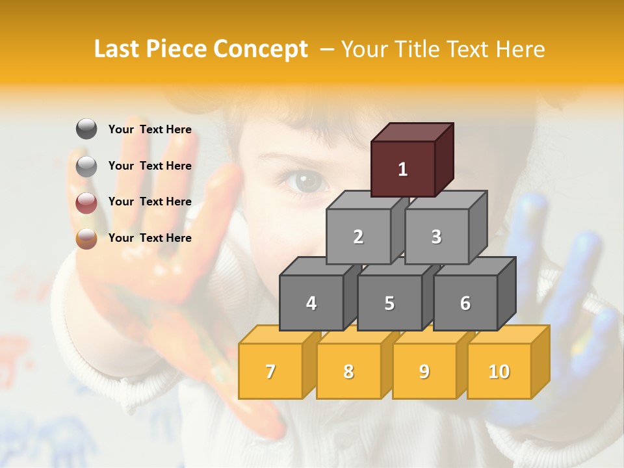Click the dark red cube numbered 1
coord(403,169)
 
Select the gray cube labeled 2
coord(358,237)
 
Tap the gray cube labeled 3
coord(436,237)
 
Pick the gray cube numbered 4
coord(311,303)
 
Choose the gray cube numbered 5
coord(389,303)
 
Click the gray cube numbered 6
coord(465,303)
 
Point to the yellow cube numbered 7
coord(270,371)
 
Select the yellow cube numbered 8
coord(348,371)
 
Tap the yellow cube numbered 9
coord(424,371)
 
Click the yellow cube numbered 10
coord(499,371)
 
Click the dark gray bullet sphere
coord(86,129)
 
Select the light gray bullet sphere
coord(86,166)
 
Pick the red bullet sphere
coord(86,203)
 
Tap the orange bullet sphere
coord(86,239)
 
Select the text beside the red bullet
coord(149,201)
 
